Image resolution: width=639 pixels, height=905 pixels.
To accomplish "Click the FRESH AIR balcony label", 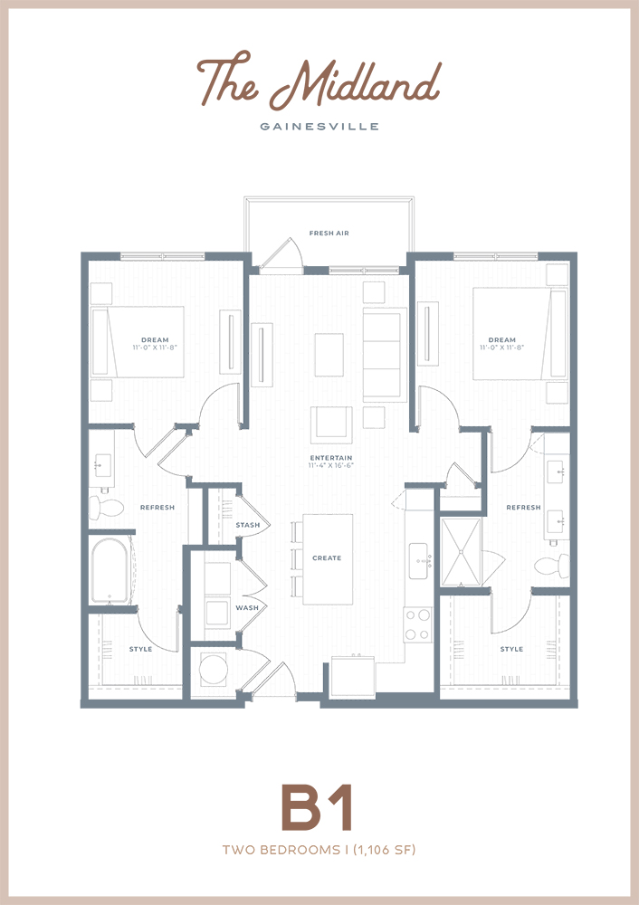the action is point(329,233).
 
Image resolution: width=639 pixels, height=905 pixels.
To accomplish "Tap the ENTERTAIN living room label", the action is point(330,458).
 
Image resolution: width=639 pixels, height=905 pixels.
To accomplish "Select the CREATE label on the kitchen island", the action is point(327,558).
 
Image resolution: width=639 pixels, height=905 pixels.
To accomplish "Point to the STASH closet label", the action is point(248,525).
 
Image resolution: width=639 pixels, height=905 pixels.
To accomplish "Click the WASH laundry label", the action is point(247,608).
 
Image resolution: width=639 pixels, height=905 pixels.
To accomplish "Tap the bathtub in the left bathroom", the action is point(110,571).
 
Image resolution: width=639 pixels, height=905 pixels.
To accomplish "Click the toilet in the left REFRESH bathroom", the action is point(106,508).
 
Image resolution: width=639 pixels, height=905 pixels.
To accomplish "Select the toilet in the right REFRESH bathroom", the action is point(551,565).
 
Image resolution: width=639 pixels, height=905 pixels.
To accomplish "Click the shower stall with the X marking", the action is point(462,552).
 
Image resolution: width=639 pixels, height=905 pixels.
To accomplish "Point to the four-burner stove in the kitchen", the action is point(418,624).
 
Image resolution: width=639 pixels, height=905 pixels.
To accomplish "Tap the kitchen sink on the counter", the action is point(419,560).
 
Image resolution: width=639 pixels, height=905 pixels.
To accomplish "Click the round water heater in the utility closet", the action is point(213,669).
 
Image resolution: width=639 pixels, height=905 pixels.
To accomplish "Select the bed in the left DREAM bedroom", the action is point(138,342).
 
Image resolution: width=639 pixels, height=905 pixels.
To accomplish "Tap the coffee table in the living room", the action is point(329,355).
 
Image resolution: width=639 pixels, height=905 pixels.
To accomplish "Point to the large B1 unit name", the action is point(316,807).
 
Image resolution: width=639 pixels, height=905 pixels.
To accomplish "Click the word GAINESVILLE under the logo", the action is point(319,127).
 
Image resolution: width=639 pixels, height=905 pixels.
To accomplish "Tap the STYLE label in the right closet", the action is point(511,649).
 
